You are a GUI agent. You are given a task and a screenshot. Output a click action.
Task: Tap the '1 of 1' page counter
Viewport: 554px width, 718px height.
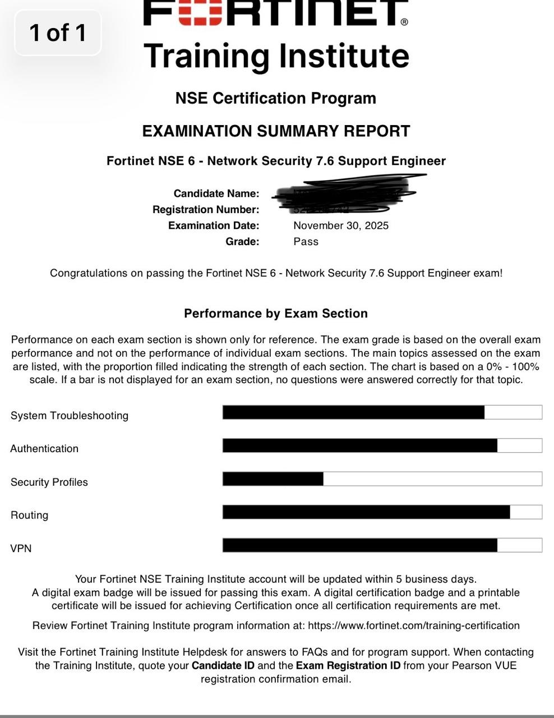58,33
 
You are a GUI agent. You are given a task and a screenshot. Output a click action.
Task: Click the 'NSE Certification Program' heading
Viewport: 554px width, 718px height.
276,98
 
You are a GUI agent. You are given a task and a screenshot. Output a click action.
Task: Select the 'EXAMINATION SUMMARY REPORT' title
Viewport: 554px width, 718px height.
276,131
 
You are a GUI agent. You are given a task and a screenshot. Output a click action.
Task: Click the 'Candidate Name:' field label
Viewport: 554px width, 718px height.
216,194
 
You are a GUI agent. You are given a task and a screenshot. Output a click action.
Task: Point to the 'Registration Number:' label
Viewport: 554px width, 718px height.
206,210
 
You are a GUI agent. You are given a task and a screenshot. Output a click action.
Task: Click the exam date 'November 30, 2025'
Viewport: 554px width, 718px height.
341,225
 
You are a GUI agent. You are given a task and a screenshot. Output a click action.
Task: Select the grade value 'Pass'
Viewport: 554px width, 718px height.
306,242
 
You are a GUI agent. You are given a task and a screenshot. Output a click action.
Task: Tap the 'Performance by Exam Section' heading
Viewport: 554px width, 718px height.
276,314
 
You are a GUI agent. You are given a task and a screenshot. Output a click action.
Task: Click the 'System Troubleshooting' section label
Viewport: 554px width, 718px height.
70,416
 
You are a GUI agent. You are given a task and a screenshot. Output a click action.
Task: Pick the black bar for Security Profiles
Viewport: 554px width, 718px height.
273,479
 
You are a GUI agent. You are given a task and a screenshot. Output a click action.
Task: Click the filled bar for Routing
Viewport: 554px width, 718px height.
366,512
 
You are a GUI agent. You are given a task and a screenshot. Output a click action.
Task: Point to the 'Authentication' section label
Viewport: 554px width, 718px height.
44,449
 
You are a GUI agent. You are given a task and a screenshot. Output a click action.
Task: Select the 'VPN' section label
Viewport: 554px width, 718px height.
21,549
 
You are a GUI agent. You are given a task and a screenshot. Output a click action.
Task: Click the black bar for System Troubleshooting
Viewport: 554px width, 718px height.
353,412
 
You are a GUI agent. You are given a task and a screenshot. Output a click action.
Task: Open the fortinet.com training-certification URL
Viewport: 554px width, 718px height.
414,625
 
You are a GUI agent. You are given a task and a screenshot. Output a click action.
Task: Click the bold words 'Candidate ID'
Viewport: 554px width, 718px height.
223,666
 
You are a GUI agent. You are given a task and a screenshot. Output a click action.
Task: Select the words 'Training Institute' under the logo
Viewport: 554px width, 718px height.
276,56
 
